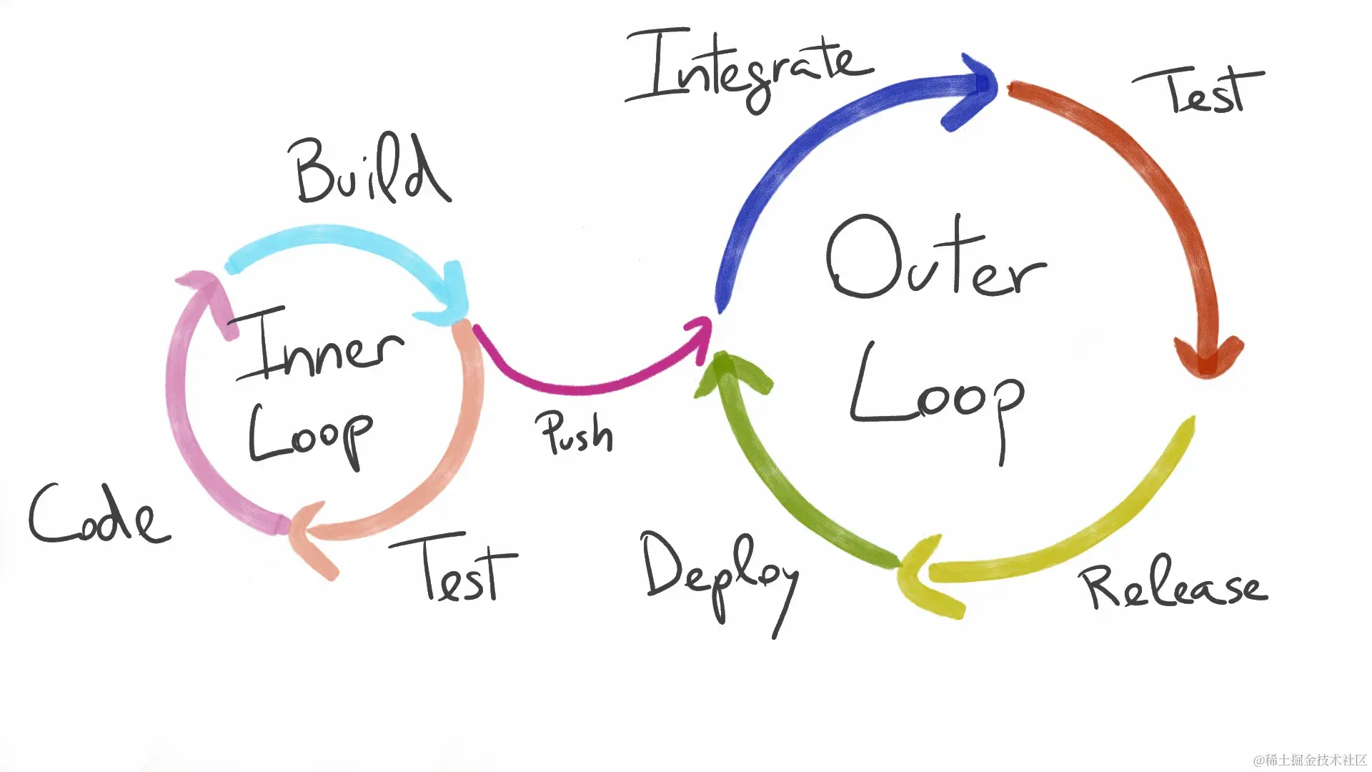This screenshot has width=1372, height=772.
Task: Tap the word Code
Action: [99, 515]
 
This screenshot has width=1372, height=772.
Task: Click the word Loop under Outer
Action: [936, 397]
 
